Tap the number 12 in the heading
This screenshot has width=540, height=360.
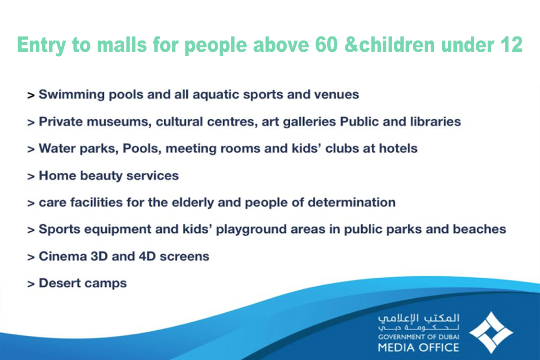tap(512, 45)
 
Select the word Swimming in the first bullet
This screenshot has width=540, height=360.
tap(72, 95)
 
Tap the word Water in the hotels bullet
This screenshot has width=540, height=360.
tap(57, 148)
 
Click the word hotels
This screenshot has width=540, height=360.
tap(398, 148)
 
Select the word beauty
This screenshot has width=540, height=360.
tap(101, 176)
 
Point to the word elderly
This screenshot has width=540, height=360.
tap(193, 202)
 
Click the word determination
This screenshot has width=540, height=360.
tap(352, 202)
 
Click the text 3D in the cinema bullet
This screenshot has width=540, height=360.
tap(99, 256)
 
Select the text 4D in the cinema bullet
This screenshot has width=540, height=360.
tap(147, 256)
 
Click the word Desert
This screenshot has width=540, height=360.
tap(60, 283)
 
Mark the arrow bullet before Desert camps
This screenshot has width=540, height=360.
tap(31, 284)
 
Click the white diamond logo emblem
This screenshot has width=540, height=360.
tap(491, 333)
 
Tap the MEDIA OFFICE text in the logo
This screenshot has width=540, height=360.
tap(418, 347)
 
